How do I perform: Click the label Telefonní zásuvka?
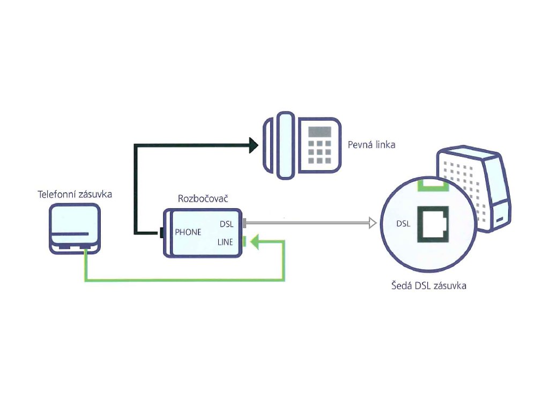point(75,194)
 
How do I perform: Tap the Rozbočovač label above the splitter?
point(203,198)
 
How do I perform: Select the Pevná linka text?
point(372,145)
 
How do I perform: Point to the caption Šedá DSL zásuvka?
point(429,285)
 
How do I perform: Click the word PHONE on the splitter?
point(188,232)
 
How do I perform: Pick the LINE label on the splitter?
point(225,242)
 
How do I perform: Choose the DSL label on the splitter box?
point(227,224)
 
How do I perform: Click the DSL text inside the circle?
point(403,224)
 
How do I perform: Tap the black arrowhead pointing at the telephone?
point(254,145)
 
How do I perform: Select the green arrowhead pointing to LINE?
point(255,242)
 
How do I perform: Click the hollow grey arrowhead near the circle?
point(373,223)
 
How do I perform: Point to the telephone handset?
point(279,145)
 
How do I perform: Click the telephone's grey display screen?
point(320,132)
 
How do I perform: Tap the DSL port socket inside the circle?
point(433,224)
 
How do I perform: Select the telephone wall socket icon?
point(75,229)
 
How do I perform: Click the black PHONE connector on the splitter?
point(162,233)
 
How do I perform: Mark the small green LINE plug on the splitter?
point(244,242)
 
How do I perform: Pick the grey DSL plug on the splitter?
point(244,223)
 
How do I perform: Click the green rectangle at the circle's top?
point(433,185)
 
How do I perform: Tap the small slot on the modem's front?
point(500,219)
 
